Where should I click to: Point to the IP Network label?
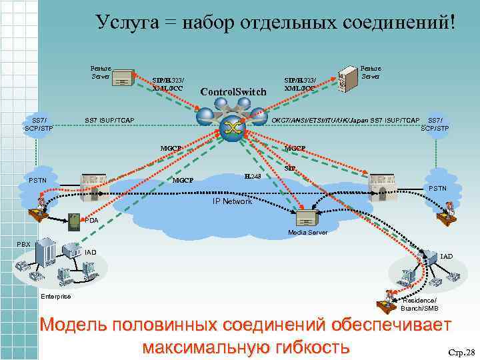(x=231, y=201)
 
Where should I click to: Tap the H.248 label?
(x=253, y=176)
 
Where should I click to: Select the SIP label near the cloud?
(x=289, y=169)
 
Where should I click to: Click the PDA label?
(x=92, y=220)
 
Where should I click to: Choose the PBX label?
(x=23, y=244)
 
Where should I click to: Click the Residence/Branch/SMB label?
(x=419, y=305)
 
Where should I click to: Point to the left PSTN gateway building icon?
(x=93, y=185)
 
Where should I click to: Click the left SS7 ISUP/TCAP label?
(x=109, y=120)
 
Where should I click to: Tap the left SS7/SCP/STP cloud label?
(x=39, y=123)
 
